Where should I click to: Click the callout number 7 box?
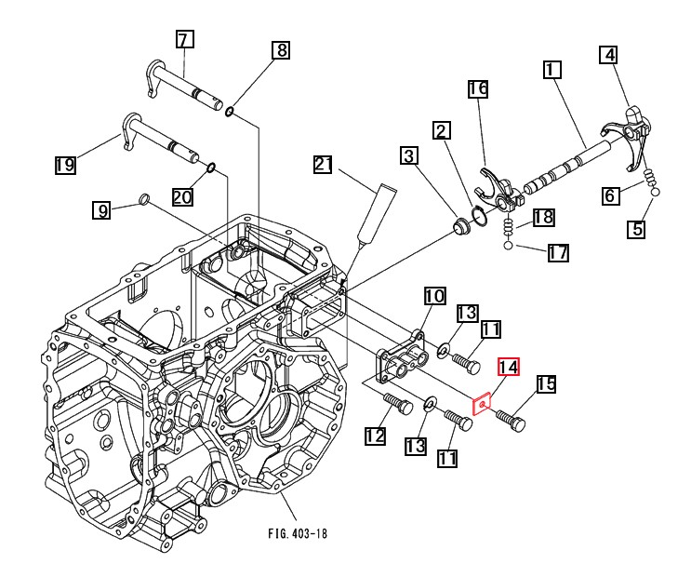coord(185,39)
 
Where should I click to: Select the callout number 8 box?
coord(281,50)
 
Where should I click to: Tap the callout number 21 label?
coord(323,165)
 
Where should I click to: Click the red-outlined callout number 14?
coord(509,367)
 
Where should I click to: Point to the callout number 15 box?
coord(546,383)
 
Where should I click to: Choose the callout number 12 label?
coord(375,436)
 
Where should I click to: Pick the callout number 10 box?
coord(434,296)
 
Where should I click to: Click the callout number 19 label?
coord(65,165)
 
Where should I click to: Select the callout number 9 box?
coord(101,210)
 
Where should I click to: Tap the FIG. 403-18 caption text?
coord(298,533)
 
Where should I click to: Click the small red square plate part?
coord(482,404)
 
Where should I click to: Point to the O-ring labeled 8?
coord(229,112)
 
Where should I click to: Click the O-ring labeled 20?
coord(211,168)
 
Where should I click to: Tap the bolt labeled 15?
coord(511,420)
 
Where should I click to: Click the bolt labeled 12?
coord(397,403)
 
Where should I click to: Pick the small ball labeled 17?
coord(508,245)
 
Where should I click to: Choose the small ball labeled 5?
coord(656,192)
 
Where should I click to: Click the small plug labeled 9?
coord(143,198)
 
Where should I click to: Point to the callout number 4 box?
coord(608,55)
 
